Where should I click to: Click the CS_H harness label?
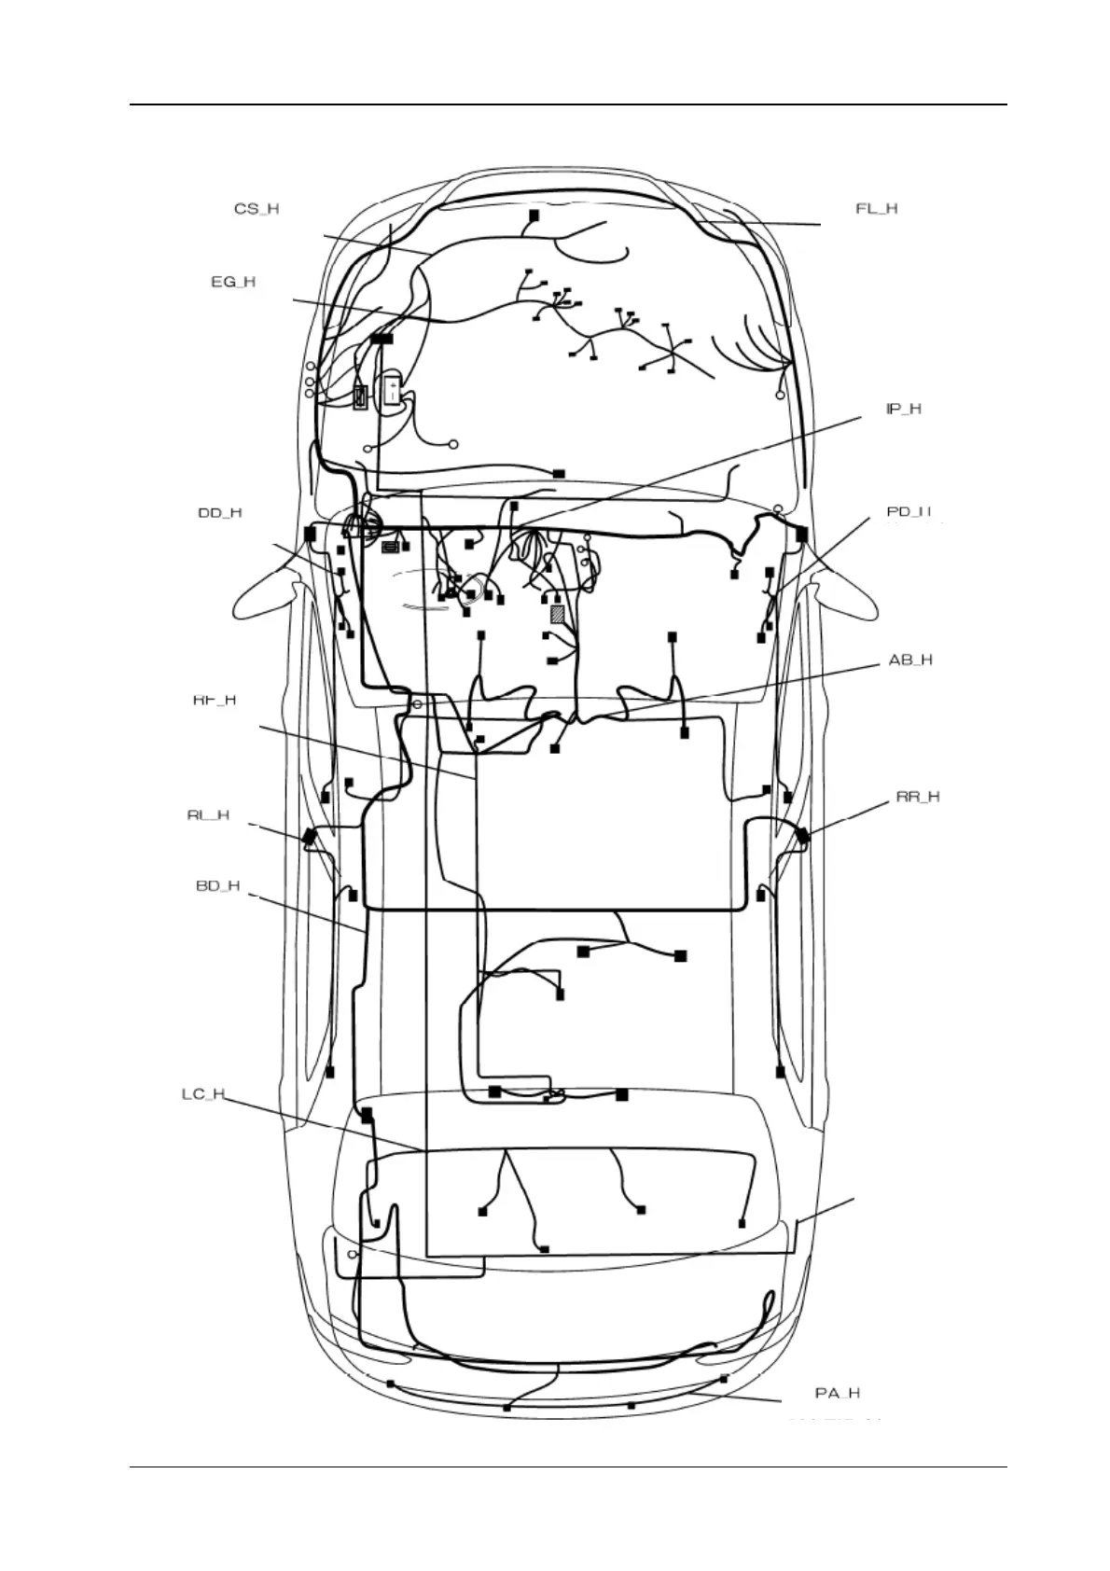[x=257, y=209]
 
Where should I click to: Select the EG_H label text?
[x=233, y=282]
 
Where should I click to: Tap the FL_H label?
[x=877, y=209]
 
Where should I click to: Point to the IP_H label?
[x=903, y=410]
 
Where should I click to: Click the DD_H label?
[x=220, y=513]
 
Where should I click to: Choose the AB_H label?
[x=910, y=660]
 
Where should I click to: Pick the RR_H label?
[x=918, y=797]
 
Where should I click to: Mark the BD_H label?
[x=218, y=885]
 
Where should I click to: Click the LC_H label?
[x=203, y=1093]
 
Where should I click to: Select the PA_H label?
[x=838, y=1393]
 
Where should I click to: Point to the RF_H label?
[x=215, y=701]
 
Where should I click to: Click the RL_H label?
[x=208, y=815]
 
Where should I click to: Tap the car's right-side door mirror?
[x=844, y=597]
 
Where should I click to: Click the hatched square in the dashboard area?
[x=558, y=614]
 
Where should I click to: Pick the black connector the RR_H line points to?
[x=802, y=836]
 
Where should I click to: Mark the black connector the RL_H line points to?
[x=309, y=837]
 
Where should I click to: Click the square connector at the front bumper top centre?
[x=534, y=215]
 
